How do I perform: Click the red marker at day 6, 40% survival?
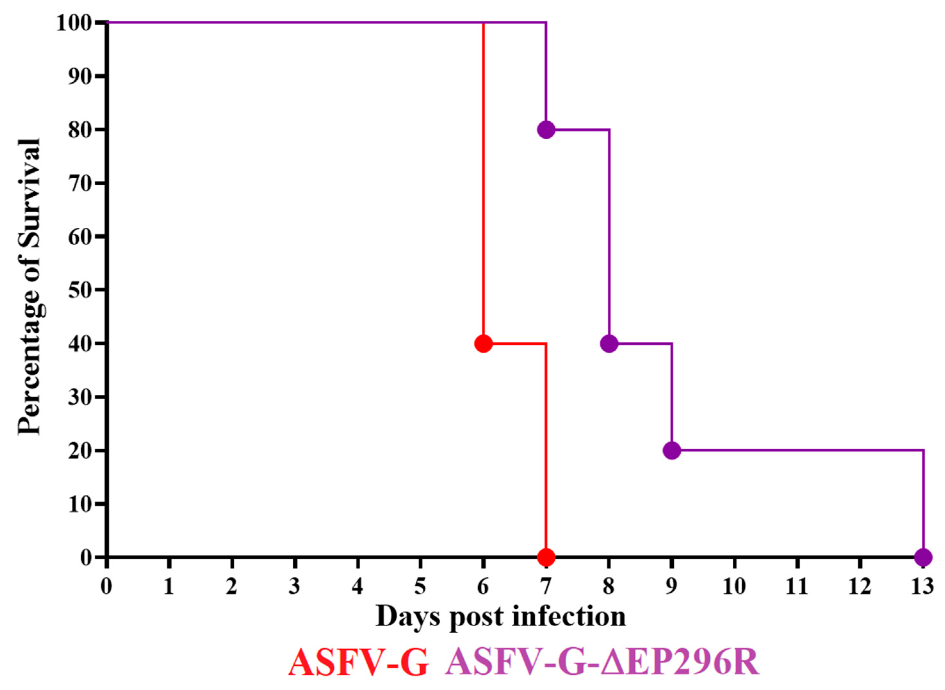483,343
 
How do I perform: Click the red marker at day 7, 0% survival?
546,557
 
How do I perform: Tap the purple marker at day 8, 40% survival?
609,343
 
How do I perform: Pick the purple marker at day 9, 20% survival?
672,450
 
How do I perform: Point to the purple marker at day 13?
923,557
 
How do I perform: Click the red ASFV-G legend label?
358,662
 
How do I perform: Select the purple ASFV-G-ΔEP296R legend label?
602,662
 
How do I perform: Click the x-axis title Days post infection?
501,616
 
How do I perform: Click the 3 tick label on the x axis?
295,587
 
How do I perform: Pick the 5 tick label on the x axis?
420,587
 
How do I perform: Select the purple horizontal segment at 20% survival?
794,450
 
